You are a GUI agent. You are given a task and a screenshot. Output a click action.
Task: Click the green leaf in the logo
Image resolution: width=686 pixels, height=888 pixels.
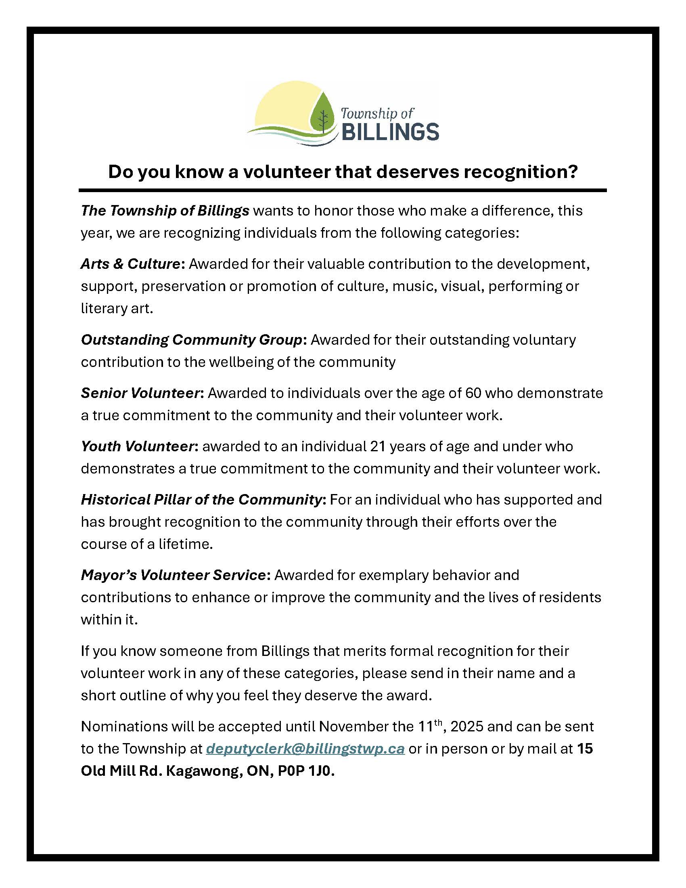pyautogui.click(x=323, y=113)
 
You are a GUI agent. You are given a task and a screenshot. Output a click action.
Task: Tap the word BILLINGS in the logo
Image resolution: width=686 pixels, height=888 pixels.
pyautogui.click(x=389, y=132)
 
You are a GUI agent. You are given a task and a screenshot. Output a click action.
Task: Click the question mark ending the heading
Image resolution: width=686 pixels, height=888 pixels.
pyautogui.click(x=573, y=172)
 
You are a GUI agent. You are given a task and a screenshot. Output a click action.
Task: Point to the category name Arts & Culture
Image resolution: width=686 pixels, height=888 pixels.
pyautogui.click(x=130, y=264)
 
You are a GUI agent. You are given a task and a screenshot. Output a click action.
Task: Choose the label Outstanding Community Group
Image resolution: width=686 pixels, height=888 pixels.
pyautogui.click(x=192, y=340)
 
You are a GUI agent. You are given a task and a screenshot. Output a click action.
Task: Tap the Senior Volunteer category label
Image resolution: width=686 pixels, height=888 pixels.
pyautogui.click(x=140, y=393)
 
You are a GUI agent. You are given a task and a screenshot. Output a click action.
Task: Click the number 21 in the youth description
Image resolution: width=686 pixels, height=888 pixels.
pyautogui.click(x=378, y=446)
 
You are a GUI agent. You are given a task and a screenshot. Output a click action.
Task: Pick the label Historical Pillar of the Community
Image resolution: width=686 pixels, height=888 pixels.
pyautogui.click(x=201, y=500)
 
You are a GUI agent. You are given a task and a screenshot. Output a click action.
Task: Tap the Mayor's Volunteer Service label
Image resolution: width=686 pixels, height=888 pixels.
pyautogui.click(x=173, y=575)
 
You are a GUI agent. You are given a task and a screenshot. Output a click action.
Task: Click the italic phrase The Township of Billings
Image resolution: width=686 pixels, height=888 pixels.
pyautogui.click(x=165, y=211)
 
